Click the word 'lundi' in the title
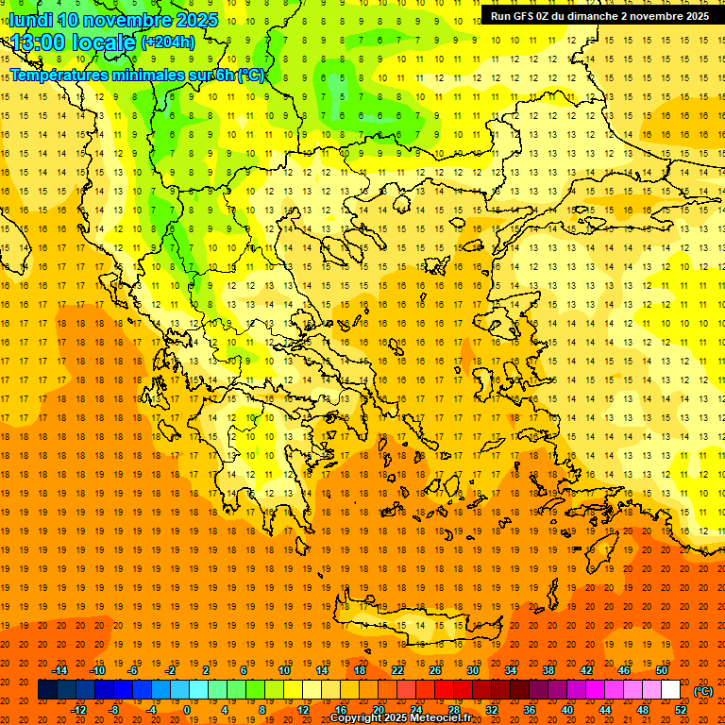(29, 20)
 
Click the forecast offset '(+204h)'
(168, 42)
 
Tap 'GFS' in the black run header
(523, 16)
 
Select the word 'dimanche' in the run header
(587, 16)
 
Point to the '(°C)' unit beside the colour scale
(702, 691)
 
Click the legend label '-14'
(60, 670)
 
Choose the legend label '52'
(681, 710)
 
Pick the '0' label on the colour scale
(187, 710)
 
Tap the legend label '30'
(472, 670)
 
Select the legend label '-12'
(79, 710)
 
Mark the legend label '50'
(662, 670)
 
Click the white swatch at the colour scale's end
(670, 690)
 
